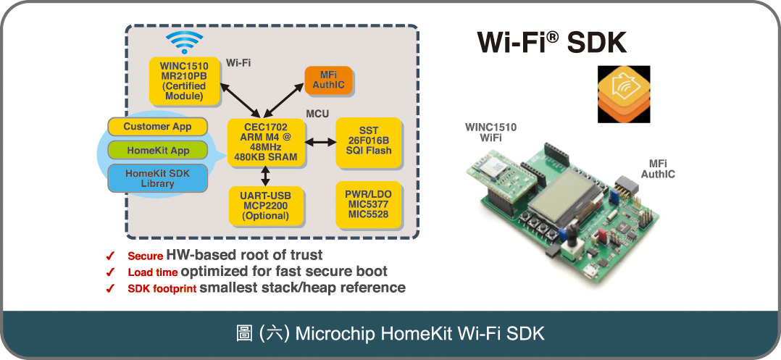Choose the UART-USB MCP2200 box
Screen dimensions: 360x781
pos(265,204)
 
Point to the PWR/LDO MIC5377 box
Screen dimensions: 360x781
pos(369,204)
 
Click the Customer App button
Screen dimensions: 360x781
pos(157,127)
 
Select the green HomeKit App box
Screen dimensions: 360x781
pos(157,151)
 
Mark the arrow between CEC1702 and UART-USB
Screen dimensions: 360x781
pos(265,175)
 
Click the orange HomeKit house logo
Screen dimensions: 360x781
pos(623,94)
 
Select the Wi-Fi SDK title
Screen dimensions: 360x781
pos(551,42)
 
